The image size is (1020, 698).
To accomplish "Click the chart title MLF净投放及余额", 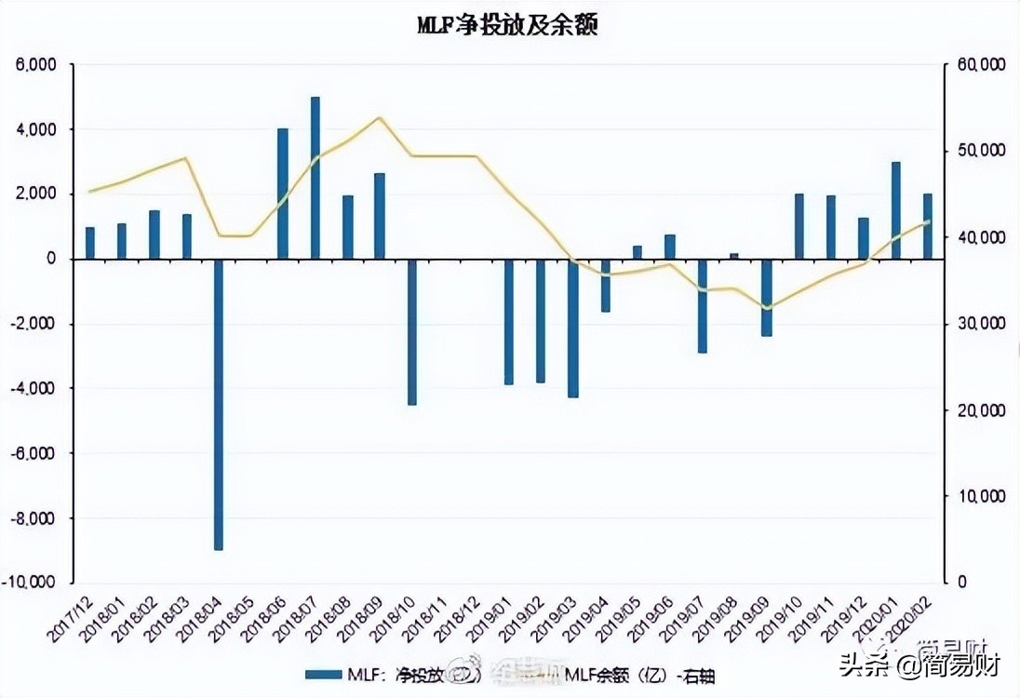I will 507,26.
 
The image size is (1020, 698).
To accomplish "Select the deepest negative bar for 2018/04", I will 219,405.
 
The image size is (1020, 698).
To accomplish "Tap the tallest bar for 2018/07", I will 315,177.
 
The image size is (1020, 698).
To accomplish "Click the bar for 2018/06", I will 283,194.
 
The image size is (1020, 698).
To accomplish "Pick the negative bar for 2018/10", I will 412,331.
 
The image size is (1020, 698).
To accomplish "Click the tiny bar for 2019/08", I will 734,256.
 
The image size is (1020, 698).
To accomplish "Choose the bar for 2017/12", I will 90,243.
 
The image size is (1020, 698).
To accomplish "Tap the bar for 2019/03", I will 573,328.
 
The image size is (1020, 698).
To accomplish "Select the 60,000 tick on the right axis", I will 977,65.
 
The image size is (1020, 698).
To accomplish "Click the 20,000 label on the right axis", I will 977,410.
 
